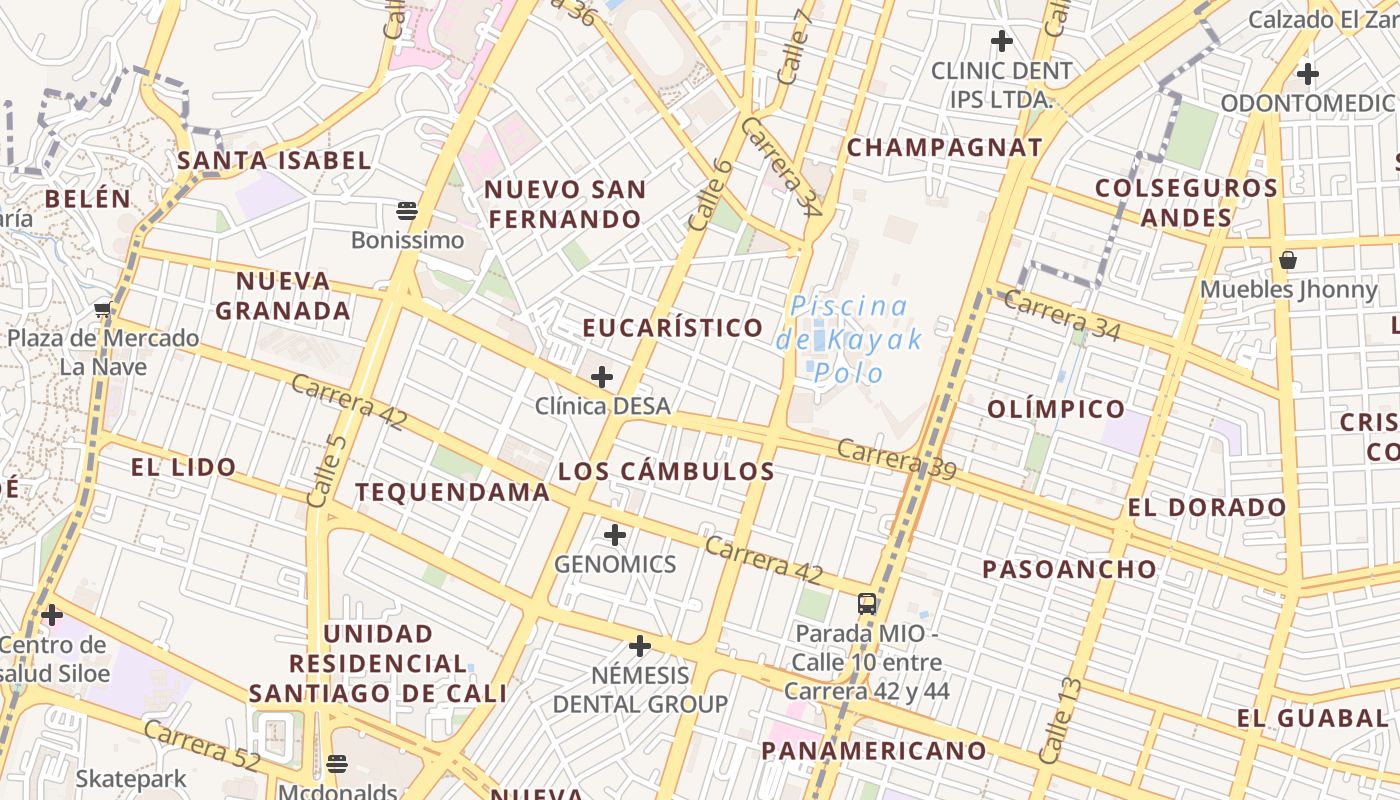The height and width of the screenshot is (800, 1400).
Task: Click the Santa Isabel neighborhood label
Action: [x=274, y=160]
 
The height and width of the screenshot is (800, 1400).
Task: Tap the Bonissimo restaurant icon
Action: [x=406, y=210]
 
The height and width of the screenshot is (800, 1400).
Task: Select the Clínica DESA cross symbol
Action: [x=602, y=377]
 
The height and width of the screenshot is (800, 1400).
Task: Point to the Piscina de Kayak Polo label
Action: [x=849, y=339]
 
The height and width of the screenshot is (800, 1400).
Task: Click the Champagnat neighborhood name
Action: [x=944, y=148]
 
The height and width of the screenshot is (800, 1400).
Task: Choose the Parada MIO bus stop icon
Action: [x=867, y=604]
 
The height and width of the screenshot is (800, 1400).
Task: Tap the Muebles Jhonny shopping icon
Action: [x=1288, y=260]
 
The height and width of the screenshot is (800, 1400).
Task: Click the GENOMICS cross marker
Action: [x=615, y=535]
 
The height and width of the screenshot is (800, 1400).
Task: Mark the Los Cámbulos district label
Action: [x=666, y=472]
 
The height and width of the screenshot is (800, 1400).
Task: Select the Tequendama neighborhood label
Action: [x=452, y=492]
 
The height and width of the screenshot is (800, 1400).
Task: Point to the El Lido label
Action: [x=183, y=467]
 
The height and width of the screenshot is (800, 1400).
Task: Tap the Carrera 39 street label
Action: [x=896, y=459]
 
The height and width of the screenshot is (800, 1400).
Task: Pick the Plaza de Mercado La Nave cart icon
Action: [x=102, y=309]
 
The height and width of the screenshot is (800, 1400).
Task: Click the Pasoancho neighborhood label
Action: [x=1069, y=570]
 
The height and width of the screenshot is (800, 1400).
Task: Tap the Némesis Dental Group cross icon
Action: [x=640, y=646]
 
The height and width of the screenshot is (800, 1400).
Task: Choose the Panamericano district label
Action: [x=874, y=751]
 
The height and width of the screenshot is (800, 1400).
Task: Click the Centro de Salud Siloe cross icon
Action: [x=52, y=614]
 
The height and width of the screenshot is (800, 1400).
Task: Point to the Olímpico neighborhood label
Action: [x=1056, y=409]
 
